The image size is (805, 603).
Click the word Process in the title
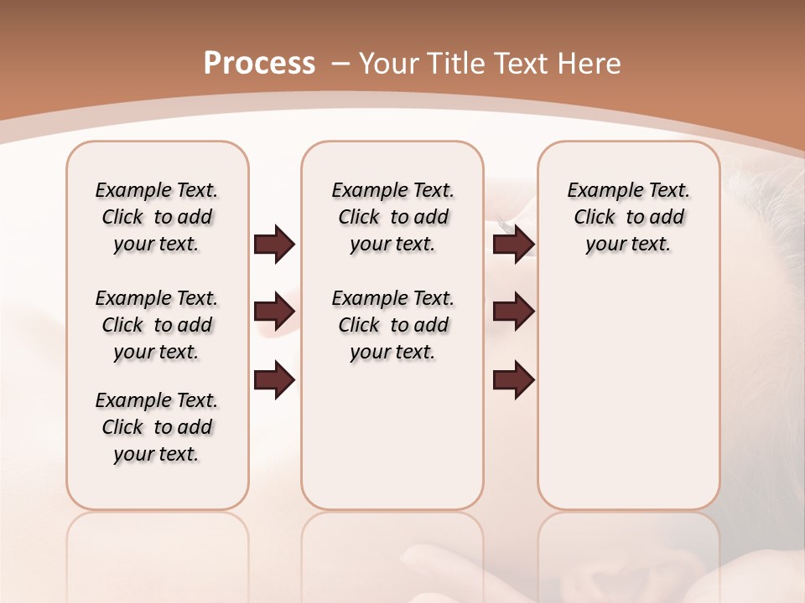(259, 63)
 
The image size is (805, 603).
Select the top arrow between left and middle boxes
(274, 244)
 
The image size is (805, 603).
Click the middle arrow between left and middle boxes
(274, 312)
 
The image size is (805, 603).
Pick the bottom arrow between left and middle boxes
(274, 380)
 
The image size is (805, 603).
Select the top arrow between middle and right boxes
(513, 244)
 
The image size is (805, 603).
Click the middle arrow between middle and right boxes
(513, 312)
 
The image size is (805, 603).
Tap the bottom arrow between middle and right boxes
(513, 380)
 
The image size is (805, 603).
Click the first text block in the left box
(157, 217)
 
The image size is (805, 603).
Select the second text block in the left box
(157, 325)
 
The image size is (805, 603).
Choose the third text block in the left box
(157, 427)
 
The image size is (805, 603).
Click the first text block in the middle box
(392, 217)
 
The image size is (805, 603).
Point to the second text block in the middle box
(392, 325)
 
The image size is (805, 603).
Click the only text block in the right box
(628, 217)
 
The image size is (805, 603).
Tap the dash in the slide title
(340, 63)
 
